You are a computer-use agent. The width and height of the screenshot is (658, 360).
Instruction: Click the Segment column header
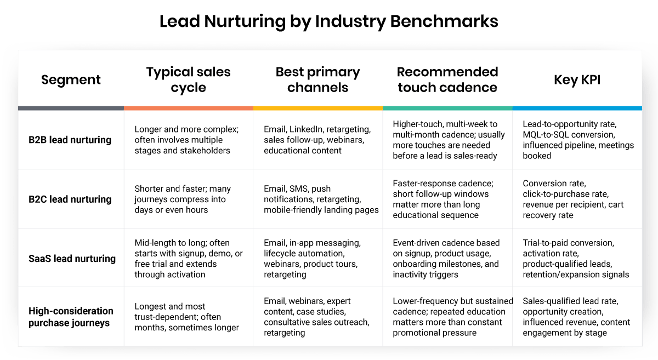point(71,79)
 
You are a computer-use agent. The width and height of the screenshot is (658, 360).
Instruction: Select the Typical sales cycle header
point(188,79)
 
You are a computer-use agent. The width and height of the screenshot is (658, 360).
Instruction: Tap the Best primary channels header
point(317,79)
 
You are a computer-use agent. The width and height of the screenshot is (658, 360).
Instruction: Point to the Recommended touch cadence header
point(447,79)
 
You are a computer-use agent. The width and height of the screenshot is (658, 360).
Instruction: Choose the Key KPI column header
point(577,79)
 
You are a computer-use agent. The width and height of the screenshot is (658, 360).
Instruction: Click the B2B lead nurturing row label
point(70,140)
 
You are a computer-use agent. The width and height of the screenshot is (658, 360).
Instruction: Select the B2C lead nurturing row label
point(70,199)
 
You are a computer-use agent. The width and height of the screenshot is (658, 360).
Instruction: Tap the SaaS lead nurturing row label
point(72,258)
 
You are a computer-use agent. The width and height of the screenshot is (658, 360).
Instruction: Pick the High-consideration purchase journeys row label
point(71,317)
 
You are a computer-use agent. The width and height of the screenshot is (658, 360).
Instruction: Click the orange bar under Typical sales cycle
point(188,108)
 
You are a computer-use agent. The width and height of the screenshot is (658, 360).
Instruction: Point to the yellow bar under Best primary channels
point(317,108)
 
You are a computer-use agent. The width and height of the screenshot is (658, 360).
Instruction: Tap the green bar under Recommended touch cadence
point(447,108)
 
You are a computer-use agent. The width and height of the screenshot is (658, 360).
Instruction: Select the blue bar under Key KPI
point(577,108)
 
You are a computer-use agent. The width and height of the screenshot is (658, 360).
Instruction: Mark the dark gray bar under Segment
point(71,108)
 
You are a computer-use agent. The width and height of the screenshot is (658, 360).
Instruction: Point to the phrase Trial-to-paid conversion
point(568,243)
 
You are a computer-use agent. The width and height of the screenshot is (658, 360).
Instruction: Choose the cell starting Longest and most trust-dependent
point(186,317)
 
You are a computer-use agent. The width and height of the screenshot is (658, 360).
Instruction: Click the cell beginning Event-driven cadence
point(446,258)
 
